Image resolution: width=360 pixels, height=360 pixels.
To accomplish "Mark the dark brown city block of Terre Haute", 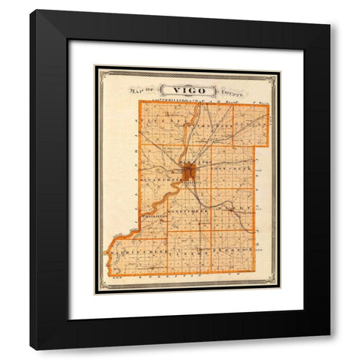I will [188, 173].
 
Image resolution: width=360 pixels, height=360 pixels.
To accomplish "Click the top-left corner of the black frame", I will [31, 11].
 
